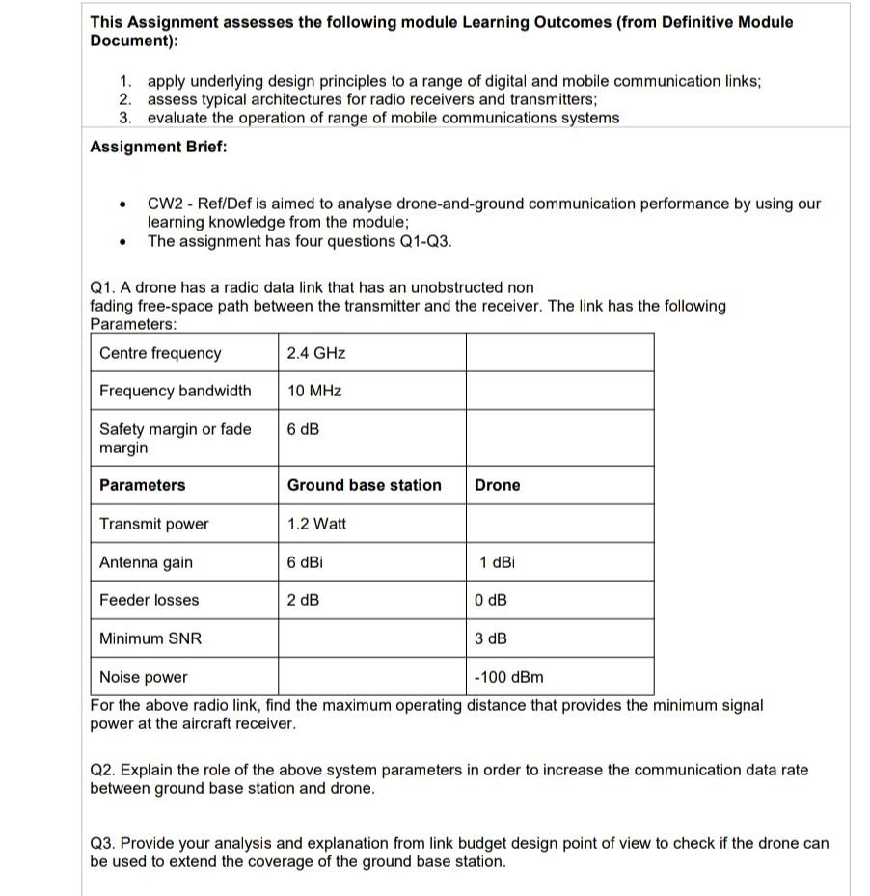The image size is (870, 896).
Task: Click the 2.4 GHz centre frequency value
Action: pyautogui.click(x=316, y=353)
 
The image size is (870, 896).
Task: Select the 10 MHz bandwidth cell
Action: pyautogui.click(x=314, y=391)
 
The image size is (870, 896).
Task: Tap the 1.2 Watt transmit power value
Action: pyautogui.click(x=316, y=524)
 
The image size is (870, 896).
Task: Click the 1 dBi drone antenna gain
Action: pyautogui.click(x=498, y=562)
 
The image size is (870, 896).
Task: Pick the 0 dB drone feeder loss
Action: pyautogui.click(x=491, y=600)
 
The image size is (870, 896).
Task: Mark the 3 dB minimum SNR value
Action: pyautogui.click(x=491, y=638)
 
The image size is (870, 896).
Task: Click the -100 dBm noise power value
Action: pyautogui.click(x=508, y=677)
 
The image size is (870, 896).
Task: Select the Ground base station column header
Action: pyautogui.click(x=364, y=485)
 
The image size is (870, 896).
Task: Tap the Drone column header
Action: pyautogui.click(x=497, y=485)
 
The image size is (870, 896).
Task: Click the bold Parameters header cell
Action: pyautogui.click(x=142, y=485)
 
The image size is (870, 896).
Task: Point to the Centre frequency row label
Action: pyautogui.click(x=160, y=353)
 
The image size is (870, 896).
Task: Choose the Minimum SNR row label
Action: pyautogui.click(x=150, y=638)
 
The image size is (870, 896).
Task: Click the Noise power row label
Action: pyautogui.click(x=144, y=677)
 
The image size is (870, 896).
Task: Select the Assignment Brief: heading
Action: pyautogui.click(x=158, y=147)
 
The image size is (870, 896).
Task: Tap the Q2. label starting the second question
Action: pyautogui.click(x=102, y=770)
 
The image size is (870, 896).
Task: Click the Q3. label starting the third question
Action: pyautogui.click(x=102, y=843)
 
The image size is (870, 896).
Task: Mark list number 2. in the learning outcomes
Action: pyautogui.click(x=126, y=99)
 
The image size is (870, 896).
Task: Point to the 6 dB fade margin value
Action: pyautogui.click(x=303, y=429)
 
